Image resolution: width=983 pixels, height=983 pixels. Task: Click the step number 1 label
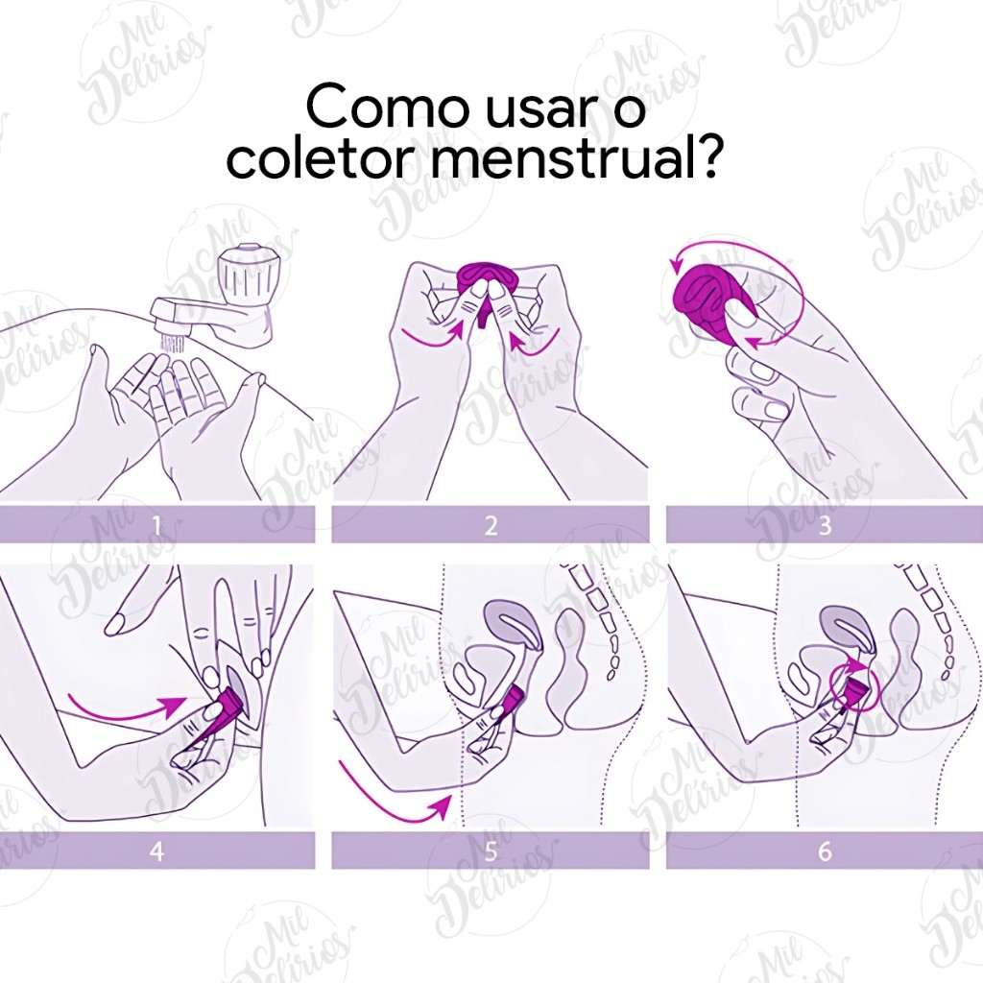[x=156, y=525]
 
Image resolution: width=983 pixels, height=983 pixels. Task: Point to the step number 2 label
[x=491, y=525]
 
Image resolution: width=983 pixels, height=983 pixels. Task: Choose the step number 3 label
[x=825, y=525]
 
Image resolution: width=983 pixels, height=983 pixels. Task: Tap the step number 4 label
[x=156, y=851]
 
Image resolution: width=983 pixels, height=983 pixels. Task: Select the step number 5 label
[x=491, y=851]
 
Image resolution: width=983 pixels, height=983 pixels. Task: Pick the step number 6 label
[x=825, y=851]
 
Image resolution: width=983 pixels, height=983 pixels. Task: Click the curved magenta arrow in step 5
[x=390, y=796]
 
